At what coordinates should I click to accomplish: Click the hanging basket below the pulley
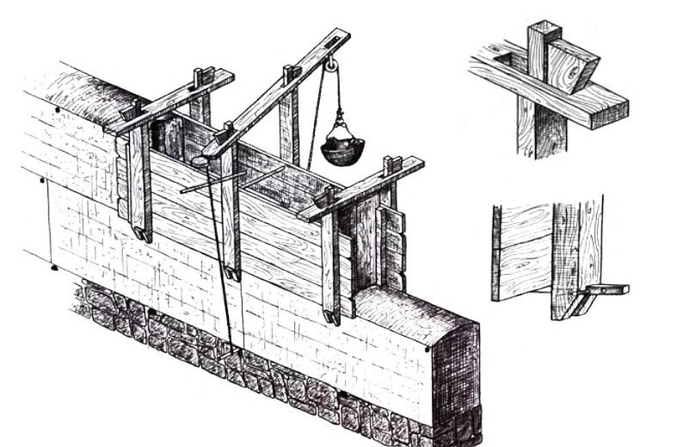click(341, 149)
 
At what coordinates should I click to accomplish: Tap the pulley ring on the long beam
click(330, 63)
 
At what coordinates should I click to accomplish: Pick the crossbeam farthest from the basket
click(172, 102)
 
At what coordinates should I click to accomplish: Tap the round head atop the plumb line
click(200, 161)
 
